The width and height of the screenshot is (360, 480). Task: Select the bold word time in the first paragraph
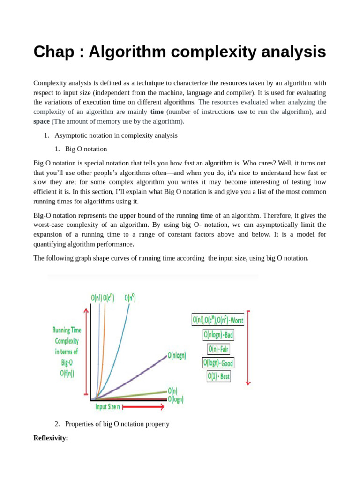157,112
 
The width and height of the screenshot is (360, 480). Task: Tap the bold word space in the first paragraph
41,121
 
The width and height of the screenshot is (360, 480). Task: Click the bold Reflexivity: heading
51,438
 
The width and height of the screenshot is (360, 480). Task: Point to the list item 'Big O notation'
86,149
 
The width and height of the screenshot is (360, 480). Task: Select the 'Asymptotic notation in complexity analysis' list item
116,135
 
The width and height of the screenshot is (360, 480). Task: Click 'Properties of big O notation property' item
117,424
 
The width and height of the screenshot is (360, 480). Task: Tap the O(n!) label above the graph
96,298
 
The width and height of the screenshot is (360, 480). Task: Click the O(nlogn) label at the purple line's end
177,356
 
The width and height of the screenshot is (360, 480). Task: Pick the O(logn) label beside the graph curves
176,399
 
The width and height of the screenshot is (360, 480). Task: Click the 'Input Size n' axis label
107,407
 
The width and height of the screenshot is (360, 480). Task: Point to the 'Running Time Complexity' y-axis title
67,352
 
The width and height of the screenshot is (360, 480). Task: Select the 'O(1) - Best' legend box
218,376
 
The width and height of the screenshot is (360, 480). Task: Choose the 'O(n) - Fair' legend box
218,349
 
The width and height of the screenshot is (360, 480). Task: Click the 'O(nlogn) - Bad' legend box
218,335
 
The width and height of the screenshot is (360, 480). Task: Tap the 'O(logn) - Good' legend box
218,363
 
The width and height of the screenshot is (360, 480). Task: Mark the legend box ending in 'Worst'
217,320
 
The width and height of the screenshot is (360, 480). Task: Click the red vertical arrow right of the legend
248,347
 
